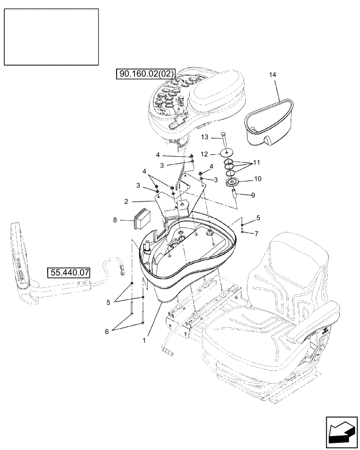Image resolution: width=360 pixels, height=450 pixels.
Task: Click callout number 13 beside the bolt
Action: [205, 137]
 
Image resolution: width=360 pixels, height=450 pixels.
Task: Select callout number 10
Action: [258, 179]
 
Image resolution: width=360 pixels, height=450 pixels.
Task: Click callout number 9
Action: [253, 195]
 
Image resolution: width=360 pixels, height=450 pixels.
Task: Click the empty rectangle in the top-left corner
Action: [51, 37]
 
